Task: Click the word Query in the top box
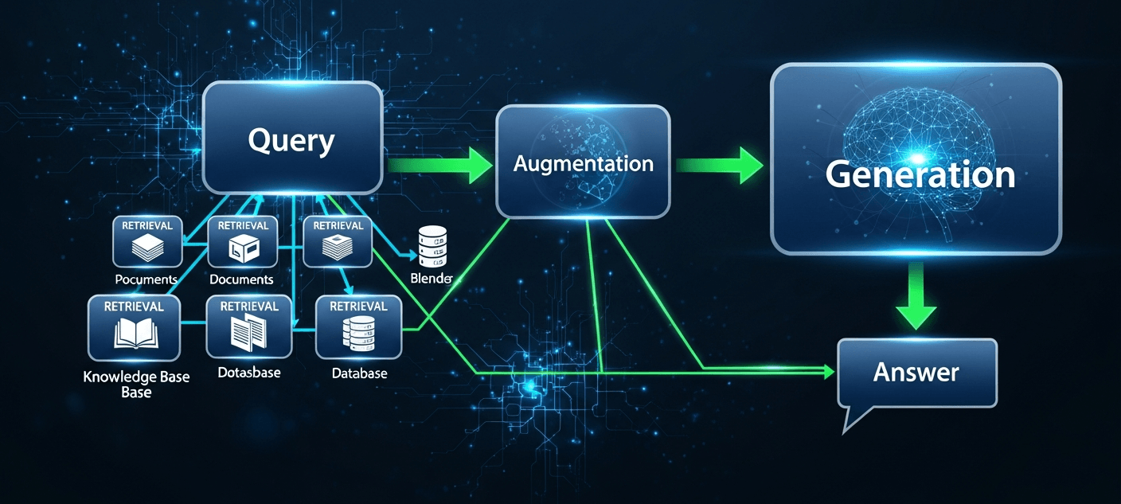coord(291,141)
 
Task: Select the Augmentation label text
coord(583,164)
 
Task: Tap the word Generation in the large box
coord(920,174)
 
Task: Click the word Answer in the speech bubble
coord(916,371)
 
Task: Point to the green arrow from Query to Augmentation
coord(443,165)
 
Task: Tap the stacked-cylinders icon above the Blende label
coord(432,245)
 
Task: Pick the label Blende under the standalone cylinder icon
coord(431,278)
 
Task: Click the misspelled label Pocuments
coord(146,279)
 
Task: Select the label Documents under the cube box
coord(241,279)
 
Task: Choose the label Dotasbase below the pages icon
coord(248,372)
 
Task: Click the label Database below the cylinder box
coord(359,373)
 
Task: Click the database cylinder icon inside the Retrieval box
coord(358,334)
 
